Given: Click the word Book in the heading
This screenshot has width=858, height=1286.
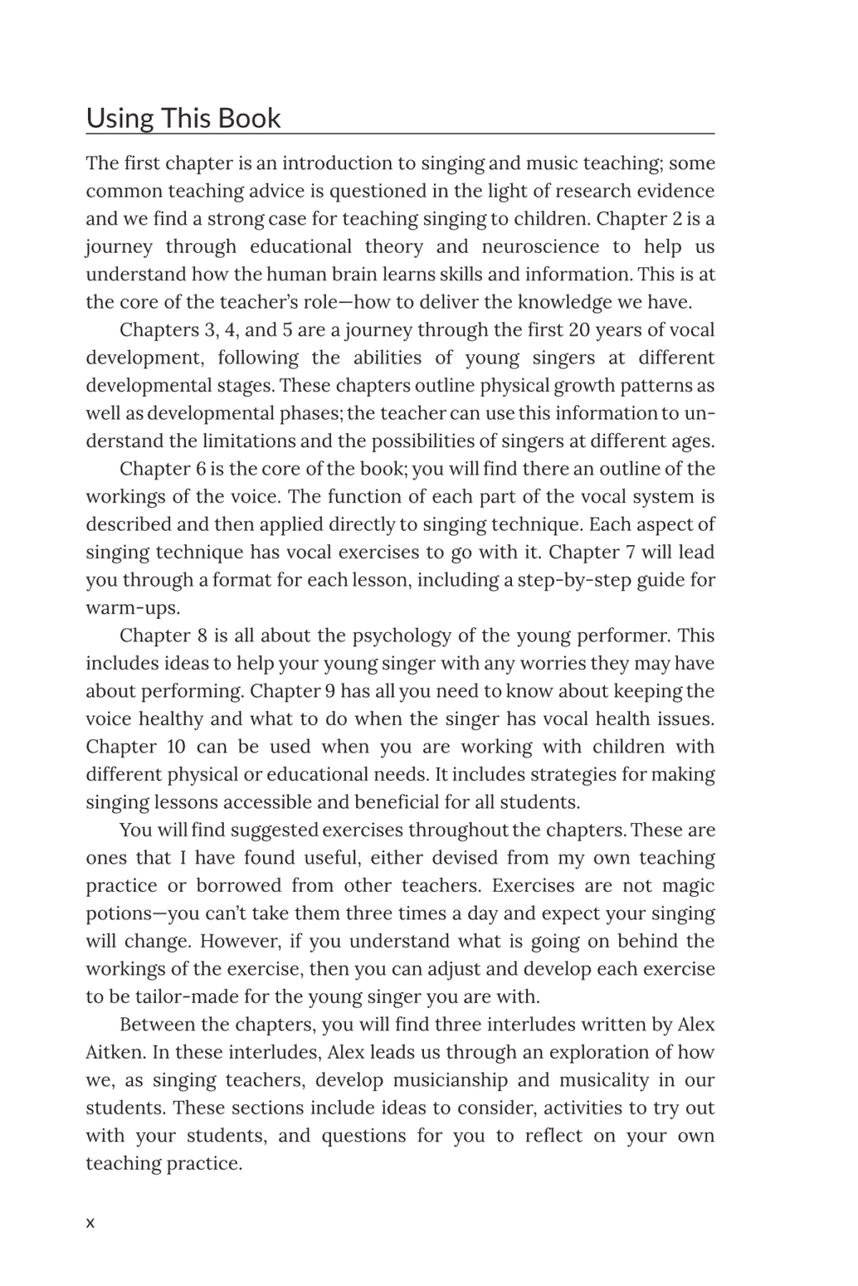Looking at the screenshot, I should coord(249,118).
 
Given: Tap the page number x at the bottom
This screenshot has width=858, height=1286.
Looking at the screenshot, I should coord(90,1223).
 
